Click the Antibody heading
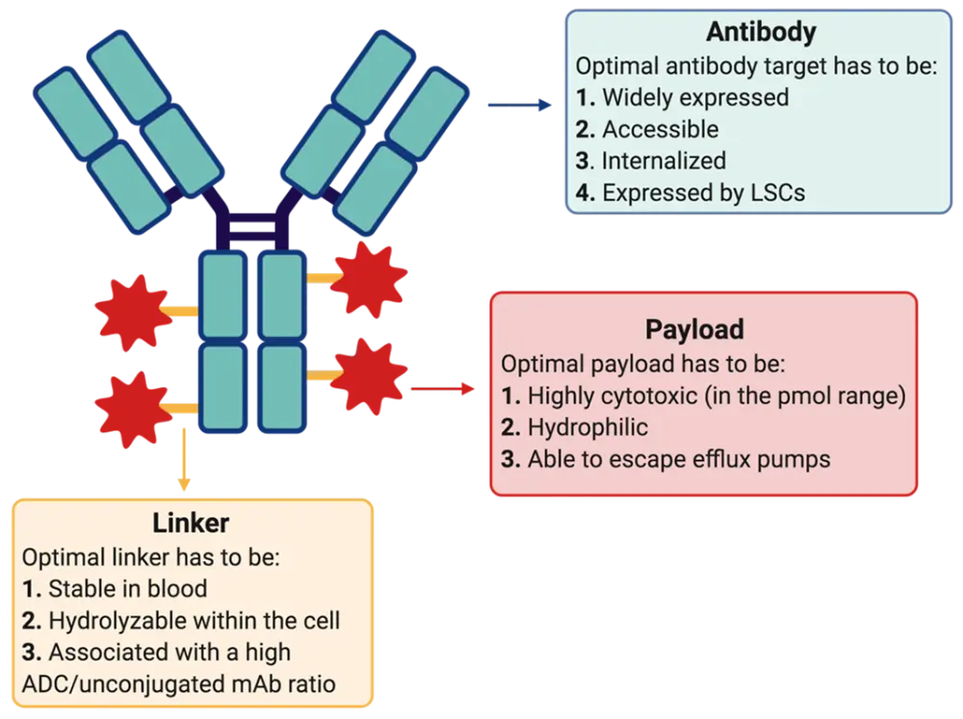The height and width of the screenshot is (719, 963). pos(761,32)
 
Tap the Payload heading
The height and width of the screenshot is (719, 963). pos(693,329)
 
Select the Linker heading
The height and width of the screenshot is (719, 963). pos(191,524)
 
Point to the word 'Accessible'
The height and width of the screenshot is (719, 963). pos(661,129)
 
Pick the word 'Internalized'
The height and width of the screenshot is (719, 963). pos(664,161)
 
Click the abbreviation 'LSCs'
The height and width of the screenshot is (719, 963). pos(776,193)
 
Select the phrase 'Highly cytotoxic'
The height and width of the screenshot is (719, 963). pos(609,396)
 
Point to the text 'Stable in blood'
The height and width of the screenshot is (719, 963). pos(128,588)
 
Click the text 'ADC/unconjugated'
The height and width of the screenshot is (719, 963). pos(107,685)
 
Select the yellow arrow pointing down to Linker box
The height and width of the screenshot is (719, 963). pos(179,462)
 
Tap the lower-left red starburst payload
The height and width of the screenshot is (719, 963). pos(131,408)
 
